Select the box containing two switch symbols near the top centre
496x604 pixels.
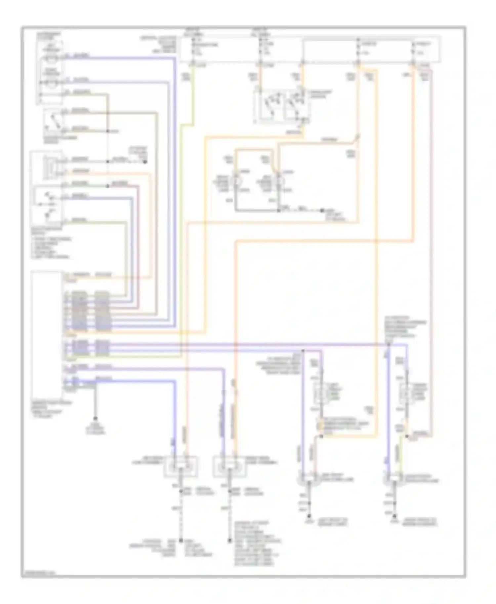pyautogui.click(x=282, y=106)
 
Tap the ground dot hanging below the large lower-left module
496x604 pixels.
pyautogui.click(x=96, y=419)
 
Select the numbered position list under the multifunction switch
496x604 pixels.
pyautogui.click(x=51, y=248)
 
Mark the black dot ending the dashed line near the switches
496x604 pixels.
pyautogui.click(x=145, y=162)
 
